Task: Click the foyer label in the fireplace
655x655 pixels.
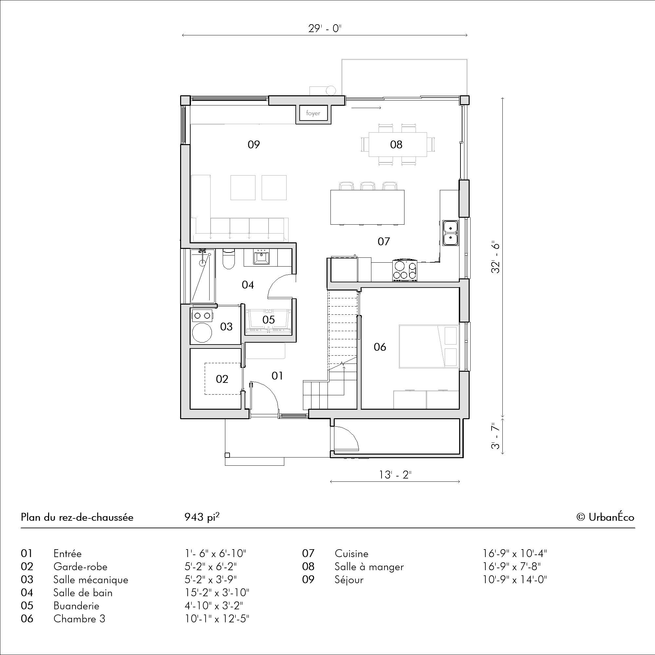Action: click(313, 113)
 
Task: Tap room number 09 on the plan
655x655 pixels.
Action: click(253, 145)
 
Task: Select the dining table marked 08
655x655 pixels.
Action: click(398, 144)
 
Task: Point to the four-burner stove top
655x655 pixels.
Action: click(405, 271)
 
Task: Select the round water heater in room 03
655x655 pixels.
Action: click(202, 333)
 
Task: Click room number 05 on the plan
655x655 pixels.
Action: click(269, 319)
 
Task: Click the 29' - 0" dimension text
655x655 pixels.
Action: click(325, 28)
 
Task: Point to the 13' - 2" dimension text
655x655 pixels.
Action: click(395, 475)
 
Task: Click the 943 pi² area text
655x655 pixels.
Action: click(202, 516)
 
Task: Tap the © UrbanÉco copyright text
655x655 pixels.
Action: click(605, 517)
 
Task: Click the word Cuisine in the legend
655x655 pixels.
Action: click(351, 553)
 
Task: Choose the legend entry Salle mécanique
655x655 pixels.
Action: click(91, 580)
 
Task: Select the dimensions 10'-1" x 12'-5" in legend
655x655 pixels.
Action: click(217, 619)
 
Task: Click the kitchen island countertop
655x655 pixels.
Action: click(367, 207)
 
